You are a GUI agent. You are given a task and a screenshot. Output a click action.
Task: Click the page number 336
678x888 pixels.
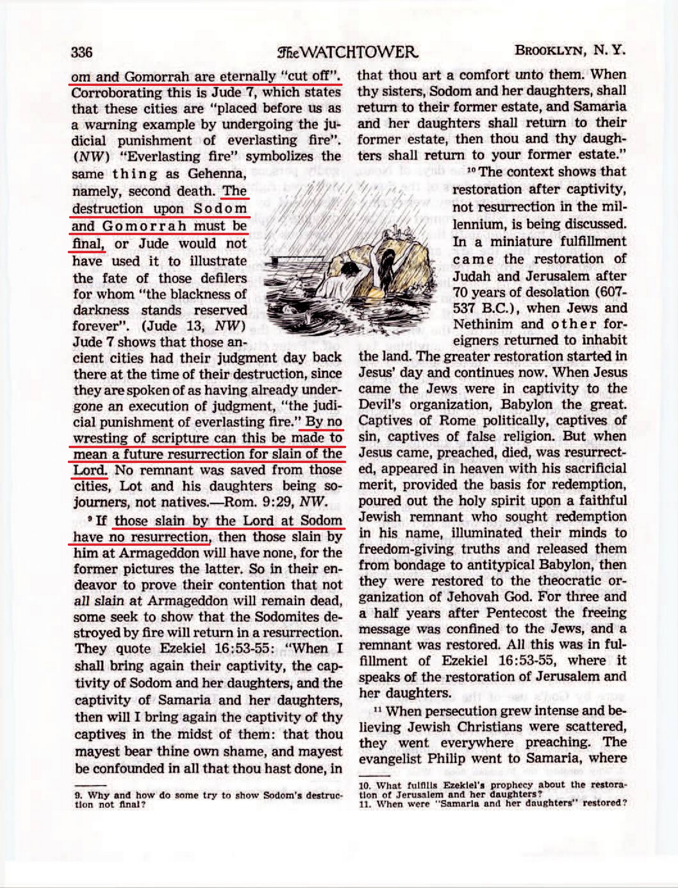[x=81, y=52]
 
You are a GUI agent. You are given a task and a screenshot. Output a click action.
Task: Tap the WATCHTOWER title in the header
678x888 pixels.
[x=348, y=52]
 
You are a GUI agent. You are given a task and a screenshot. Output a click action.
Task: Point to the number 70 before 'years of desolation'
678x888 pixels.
[x=460, y=293]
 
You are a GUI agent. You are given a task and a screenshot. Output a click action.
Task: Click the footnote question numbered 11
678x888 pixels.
[x=493, y=803]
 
